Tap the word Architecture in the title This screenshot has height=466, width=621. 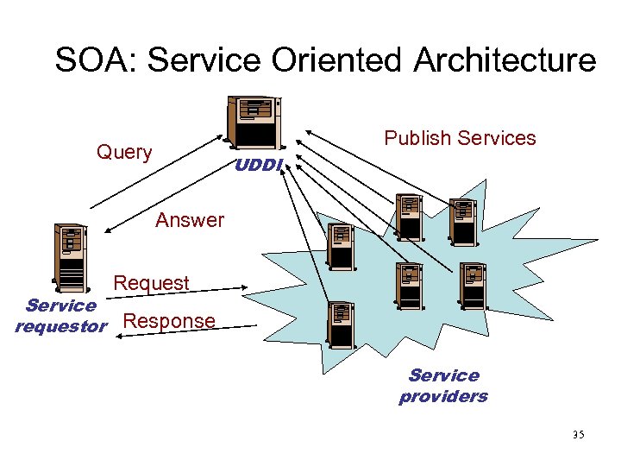coord(505,60)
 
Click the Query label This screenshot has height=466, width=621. coord(124,153)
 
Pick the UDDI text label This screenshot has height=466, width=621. coord(258,164)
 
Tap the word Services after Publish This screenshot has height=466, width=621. coord(498,138)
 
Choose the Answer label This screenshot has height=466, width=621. coord(190,220)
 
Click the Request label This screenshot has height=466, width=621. coord(151,283)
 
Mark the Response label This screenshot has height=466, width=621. coord(169,321)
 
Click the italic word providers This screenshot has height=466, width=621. coord(443,397)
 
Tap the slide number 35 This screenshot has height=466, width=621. coord(577,435)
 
